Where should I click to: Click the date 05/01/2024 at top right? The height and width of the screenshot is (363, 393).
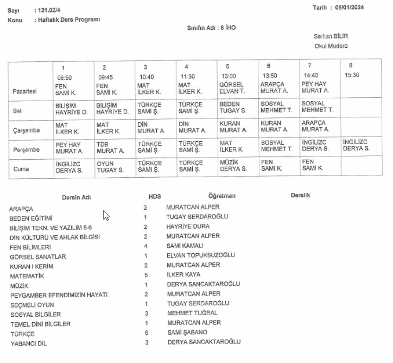[x=350, y=7]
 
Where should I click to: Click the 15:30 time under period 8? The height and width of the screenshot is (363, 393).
[x=352, y=75]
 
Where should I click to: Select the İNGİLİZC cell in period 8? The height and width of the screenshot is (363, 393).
[x=356, y=145]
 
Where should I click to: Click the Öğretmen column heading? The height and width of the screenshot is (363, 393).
[x=222, y=196]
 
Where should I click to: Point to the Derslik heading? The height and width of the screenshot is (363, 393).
[x=300, y=195]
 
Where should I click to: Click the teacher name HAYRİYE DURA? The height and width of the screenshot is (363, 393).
[x=188, y=226]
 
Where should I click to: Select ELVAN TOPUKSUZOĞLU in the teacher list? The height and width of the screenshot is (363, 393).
[x=201, y=255]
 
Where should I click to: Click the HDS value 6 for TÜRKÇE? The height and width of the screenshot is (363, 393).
[x=146, y=332]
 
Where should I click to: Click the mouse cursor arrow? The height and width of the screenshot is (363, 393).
[x=106, y=216]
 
